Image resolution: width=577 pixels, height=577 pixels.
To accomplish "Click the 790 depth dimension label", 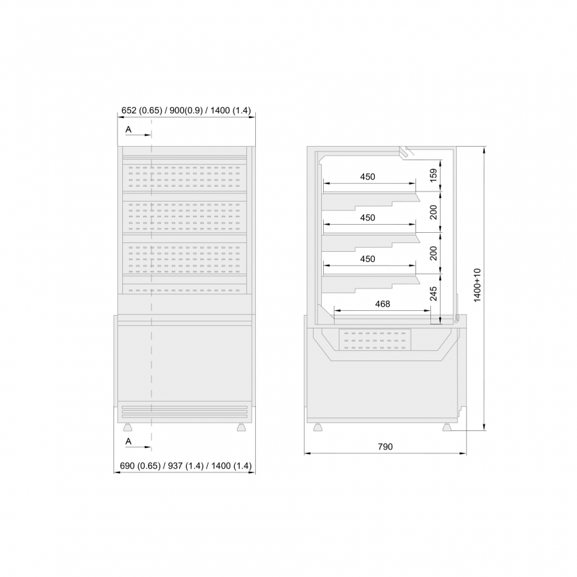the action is pos(386,447).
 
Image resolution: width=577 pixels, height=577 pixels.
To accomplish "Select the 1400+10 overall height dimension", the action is pos(477,285).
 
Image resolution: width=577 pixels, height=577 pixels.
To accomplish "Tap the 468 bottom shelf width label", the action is pos(383,304).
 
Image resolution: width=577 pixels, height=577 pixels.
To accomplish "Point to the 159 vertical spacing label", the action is pos(434,174).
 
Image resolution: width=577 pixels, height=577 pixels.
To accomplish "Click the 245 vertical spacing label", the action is pos(434,294).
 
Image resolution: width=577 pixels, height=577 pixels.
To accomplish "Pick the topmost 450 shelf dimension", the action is pos(368,177).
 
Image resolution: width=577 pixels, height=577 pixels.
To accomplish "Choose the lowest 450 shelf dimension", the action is pos(368,259).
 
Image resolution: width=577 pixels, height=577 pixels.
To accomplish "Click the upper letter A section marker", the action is pos(128,130).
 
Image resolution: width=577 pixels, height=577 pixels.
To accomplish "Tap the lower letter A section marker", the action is pos(128,441).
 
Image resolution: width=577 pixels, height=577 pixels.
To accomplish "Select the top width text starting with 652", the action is pos(186,111).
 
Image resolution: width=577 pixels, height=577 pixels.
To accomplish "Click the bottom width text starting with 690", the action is pos(186,466).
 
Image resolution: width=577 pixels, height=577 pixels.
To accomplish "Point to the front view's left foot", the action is pos(128,427).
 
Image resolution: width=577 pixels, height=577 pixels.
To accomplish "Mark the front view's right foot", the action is pos(241,427).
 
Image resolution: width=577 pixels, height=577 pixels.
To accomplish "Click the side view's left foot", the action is pos(317,427).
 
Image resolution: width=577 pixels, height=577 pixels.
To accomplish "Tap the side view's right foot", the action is pos(447,427).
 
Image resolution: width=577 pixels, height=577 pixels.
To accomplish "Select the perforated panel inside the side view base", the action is pos(375,340).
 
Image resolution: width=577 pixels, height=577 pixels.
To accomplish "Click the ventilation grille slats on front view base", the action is pos(185,412).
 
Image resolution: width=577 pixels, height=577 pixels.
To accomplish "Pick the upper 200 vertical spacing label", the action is pos(434,212).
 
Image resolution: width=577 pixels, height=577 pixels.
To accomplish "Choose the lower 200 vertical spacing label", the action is pos(434,253).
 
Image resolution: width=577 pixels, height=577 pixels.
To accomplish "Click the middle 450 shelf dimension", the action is pos(368,218).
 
